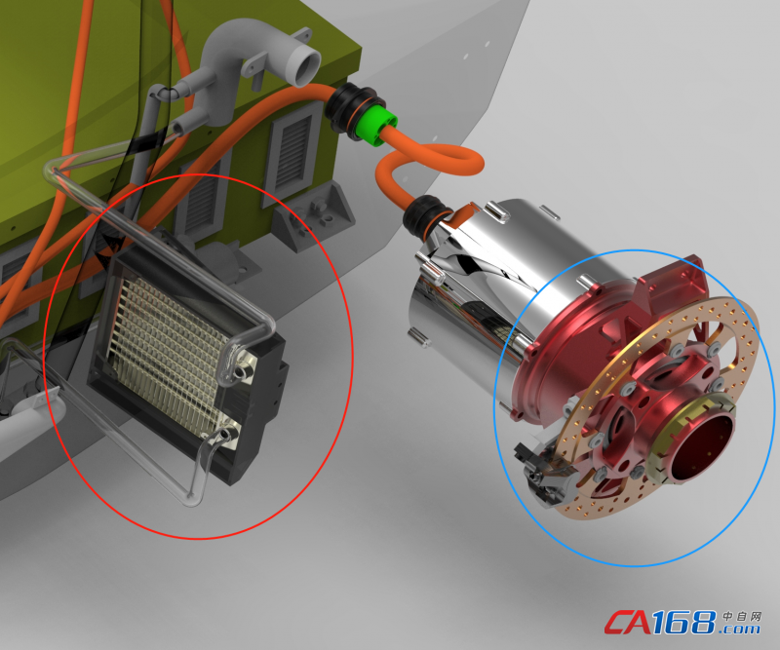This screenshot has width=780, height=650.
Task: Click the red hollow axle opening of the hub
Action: pos(704,445)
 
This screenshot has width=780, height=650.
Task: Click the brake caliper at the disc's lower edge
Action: pos(543,470)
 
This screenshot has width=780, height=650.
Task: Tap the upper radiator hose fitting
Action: pos(243,368)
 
